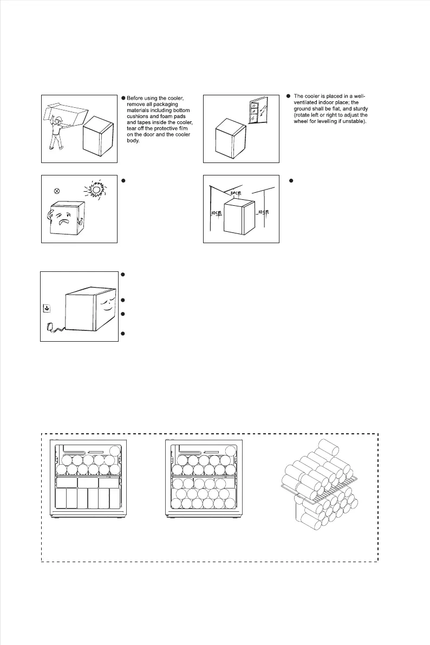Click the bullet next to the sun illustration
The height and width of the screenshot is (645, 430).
[x=125, y=179]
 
